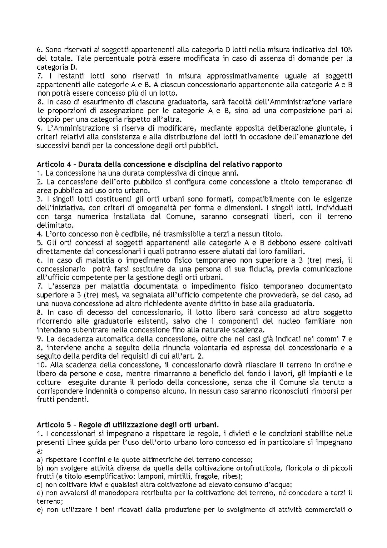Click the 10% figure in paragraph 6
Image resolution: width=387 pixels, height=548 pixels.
click(x=345, y=50)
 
